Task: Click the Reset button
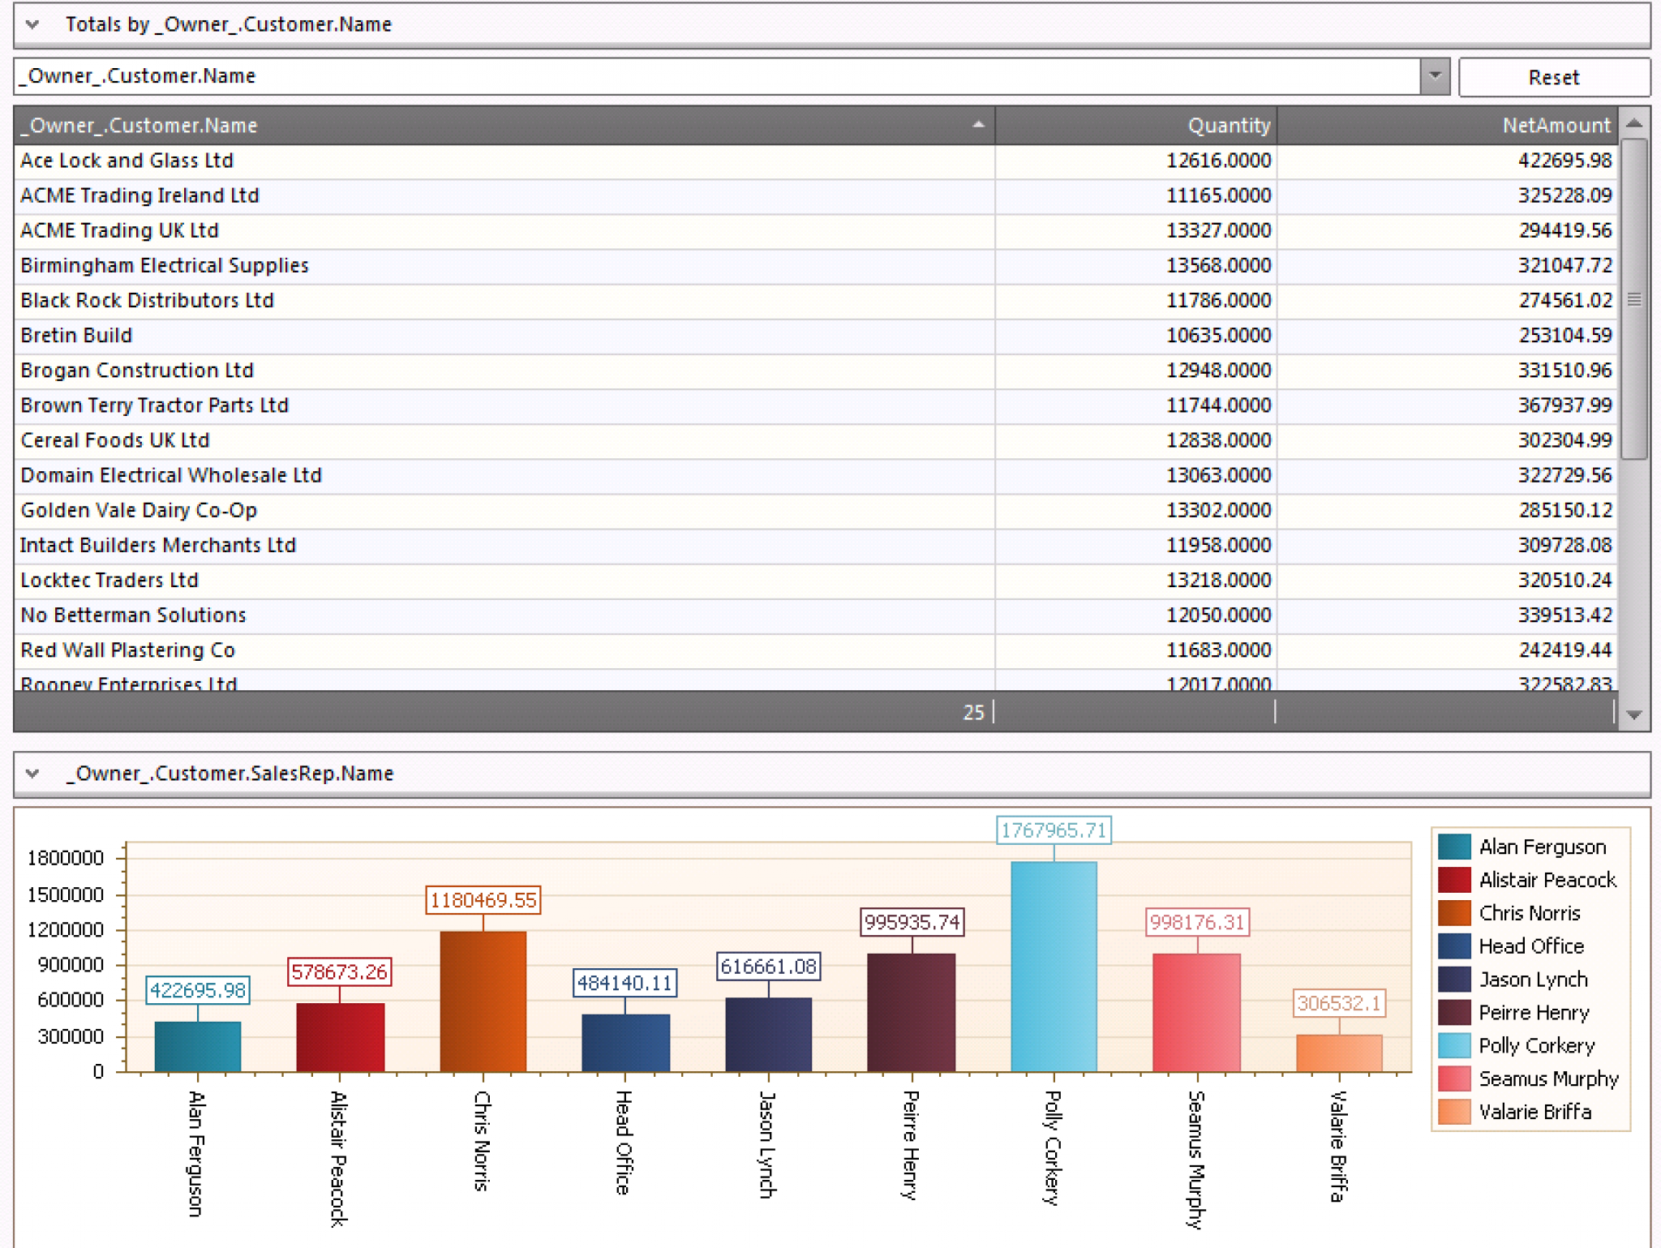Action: click(x=1553, y=77)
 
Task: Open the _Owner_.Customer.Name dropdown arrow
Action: click(x=1435, y=76)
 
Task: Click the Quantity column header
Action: click(x=1228, y=126)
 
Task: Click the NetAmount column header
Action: click(x=1555, y=126)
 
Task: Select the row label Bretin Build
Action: click(x=76, y=336)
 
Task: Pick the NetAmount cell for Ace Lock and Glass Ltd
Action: click(x=1564, y=161)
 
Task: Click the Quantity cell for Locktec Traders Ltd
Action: click(x=1217, y=581)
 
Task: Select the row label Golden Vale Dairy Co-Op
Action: click(x=139, y=510)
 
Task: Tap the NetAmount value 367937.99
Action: click(x=1564, y=405)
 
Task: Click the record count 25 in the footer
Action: click(x=972, y=712)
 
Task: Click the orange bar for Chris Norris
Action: click(x=483, y=1001)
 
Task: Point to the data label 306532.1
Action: click(x=1338, y=1003)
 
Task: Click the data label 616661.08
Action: click(x=767, y=967)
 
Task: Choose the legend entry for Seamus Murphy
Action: click(x=1547, y=1079)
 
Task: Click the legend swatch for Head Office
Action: click(x=1453, y=946)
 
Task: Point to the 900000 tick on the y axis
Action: click(x=71, y=965)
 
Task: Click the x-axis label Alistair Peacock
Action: click(x=339, y=1157)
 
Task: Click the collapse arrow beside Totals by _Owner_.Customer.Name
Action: click(x=32, y=24)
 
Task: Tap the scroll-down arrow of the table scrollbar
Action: click(x=1634, y=715)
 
